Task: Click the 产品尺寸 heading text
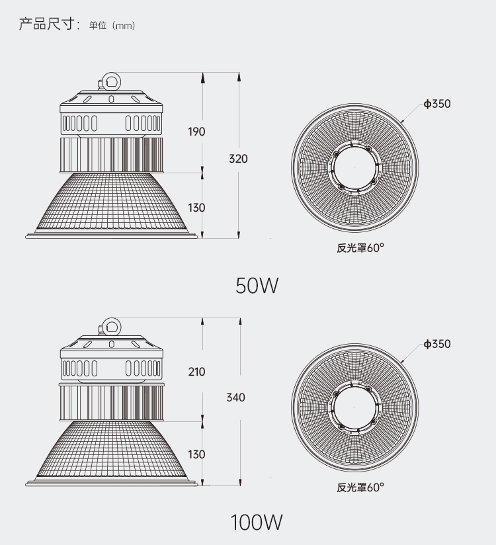tap(48, 25)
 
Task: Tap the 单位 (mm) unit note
tap(112, 26)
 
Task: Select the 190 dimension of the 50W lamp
tap(196, 132)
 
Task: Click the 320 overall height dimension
tap(238, 159)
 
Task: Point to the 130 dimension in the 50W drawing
tap(196, 208)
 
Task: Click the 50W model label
tap(257, 286)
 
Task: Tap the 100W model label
tap(257, 523)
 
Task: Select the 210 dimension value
tap(196, 372)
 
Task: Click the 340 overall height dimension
tap(235, 398)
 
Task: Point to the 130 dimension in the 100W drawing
tap(196, 454)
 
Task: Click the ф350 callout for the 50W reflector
tap(437, 104)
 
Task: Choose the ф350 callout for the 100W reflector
tap(437, 344)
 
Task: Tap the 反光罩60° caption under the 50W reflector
tap(360, 249)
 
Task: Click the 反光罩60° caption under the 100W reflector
tap(360, 487)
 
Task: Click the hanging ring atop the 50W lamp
tap(110, 81)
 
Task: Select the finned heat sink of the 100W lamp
tap(111, 401)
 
